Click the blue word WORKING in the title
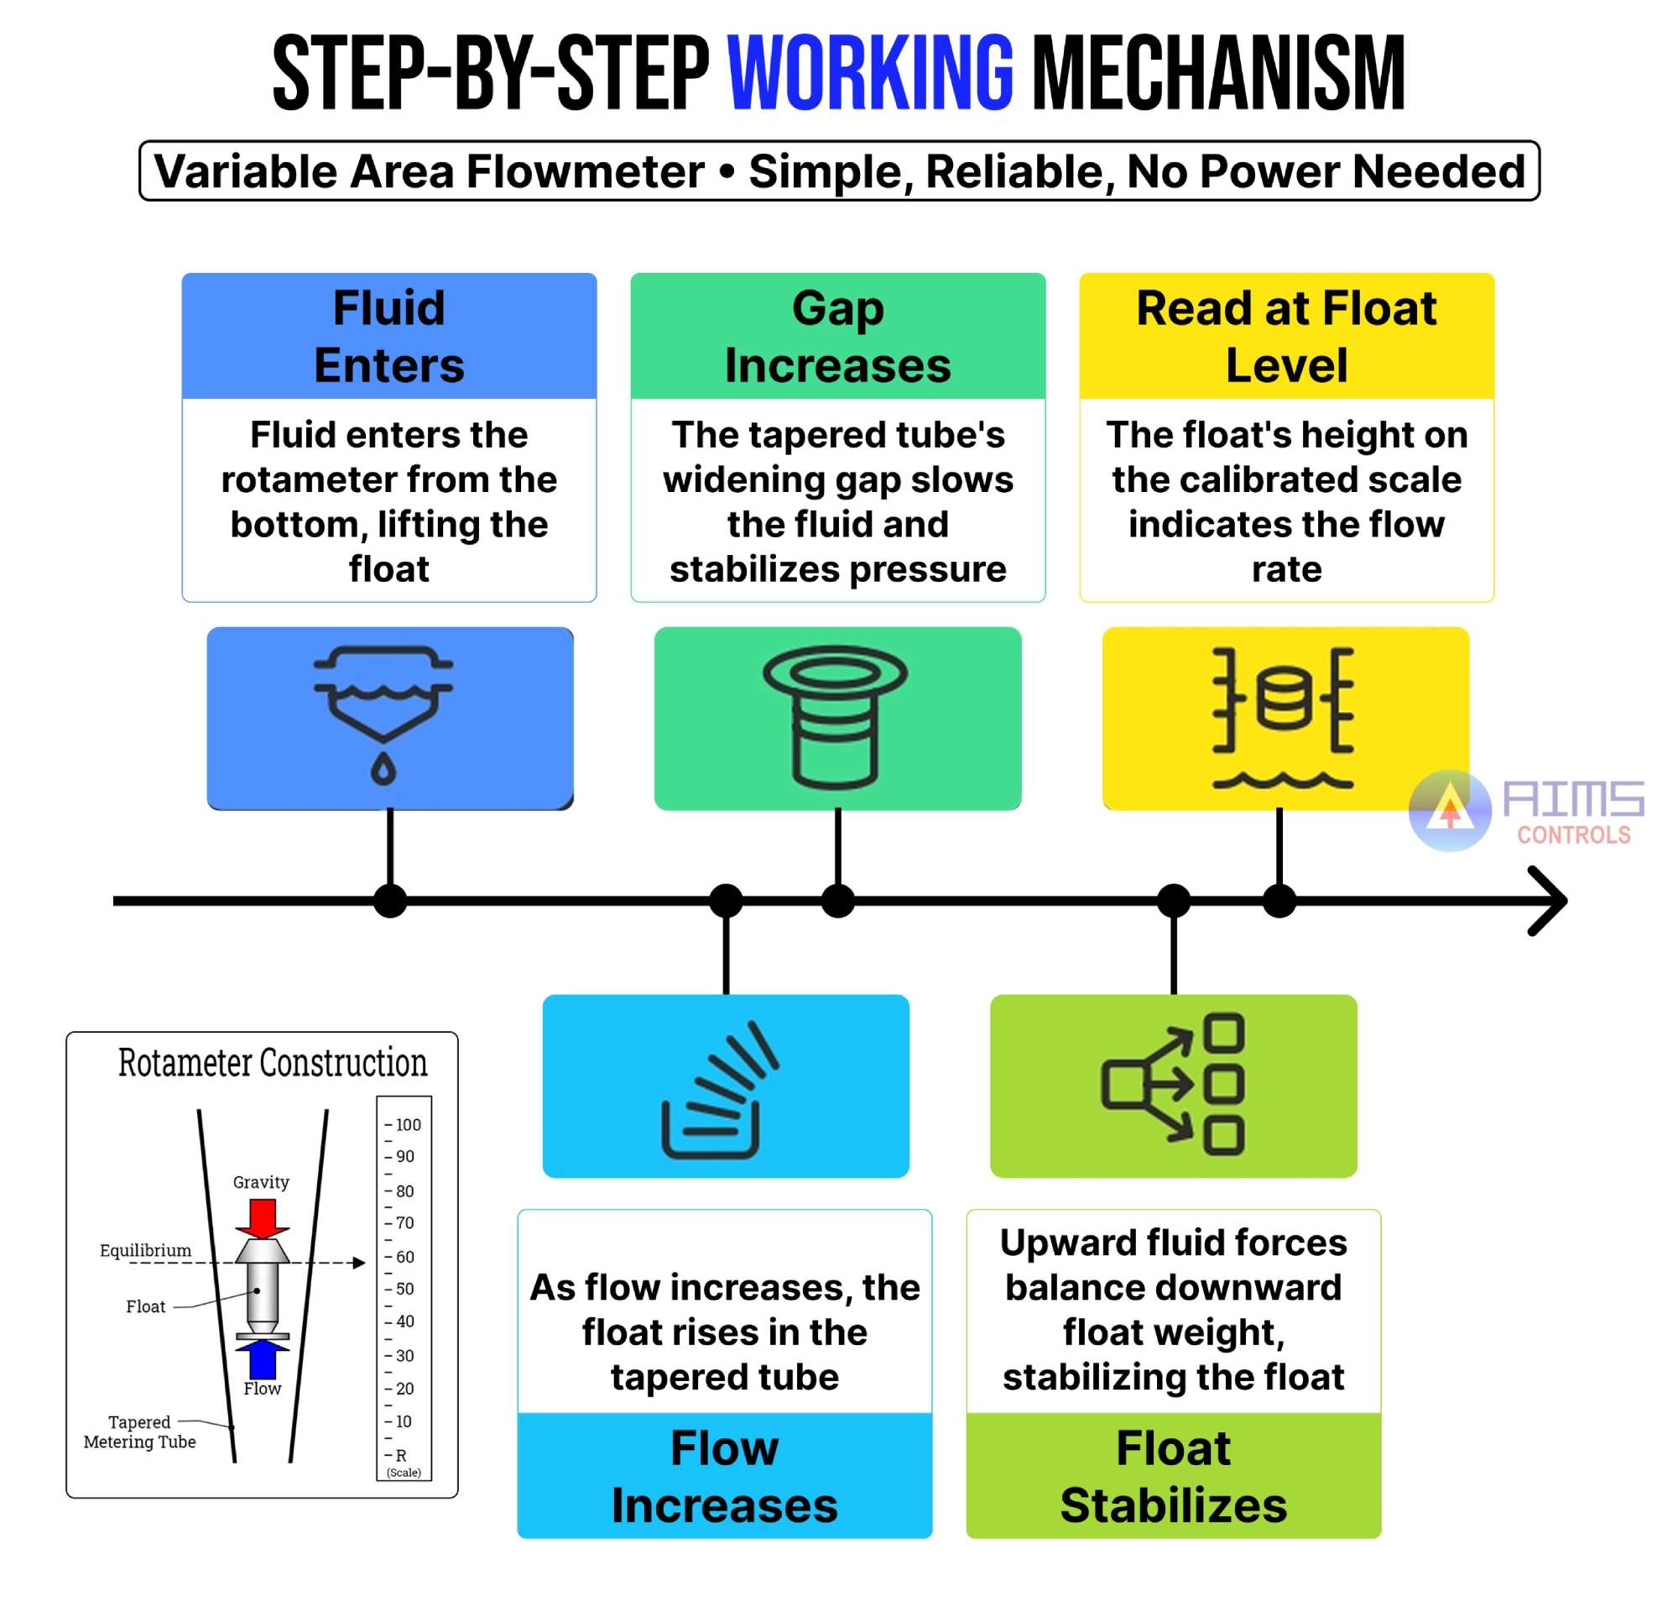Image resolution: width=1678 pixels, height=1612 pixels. click(870, 74)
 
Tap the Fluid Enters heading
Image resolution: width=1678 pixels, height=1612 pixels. click(388, 336)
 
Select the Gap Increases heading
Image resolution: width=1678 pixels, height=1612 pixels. click(837, 336)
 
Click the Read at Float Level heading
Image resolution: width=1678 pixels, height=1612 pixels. click(1286, 336)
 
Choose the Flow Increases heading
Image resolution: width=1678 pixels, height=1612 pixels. click(724, 1476)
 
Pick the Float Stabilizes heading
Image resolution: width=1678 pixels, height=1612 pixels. click(1173, 1476)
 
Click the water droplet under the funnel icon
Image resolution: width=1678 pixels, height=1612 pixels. click(383, 769)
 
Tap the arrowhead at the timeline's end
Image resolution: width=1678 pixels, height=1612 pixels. click(1550, 900)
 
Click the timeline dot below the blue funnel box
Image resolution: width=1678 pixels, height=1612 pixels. click(390, 900)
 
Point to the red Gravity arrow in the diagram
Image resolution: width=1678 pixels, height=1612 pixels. click(262, 1217)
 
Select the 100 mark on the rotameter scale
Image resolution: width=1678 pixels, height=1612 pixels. click(408, 1125)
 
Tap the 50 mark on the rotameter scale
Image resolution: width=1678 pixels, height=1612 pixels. click(404, 1288)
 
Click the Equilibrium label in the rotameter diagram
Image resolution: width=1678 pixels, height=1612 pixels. click(145, 1250)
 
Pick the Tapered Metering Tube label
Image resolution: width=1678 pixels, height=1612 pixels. click(139, 1431)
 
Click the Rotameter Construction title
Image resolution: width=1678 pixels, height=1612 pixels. click(272, 1063)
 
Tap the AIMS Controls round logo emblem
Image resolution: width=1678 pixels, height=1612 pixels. click(1450, 810)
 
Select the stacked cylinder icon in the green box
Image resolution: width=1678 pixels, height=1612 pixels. click(836, 716)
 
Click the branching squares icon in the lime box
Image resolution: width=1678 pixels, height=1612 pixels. click(1173, 1085)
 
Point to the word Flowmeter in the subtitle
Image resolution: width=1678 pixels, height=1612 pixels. click(586, 171)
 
